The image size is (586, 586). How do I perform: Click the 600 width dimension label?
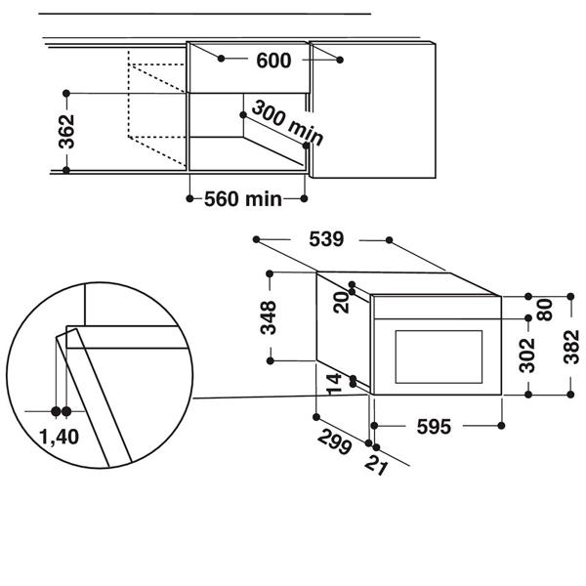[x=274, y=61]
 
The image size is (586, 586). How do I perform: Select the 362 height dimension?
[x=65, y=131]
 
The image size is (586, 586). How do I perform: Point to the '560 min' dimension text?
[x=243, y=199]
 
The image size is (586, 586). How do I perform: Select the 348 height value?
[x=269, y=318]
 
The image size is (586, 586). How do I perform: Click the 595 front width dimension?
[x=433, y=426]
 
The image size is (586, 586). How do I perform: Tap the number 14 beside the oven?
[x=335, y=383]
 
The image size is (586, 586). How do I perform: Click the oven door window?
[x=438, y=356]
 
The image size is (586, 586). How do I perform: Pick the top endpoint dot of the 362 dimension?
[x=65, y=93]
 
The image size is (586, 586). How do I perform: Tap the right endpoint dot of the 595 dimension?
[x=502, y=426]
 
